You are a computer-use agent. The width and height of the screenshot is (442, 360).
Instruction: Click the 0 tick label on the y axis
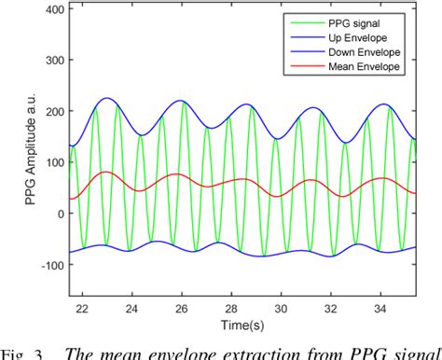click(x=60, y=214)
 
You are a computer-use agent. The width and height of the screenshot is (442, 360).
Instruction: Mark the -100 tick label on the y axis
click(x=52, y=264)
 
